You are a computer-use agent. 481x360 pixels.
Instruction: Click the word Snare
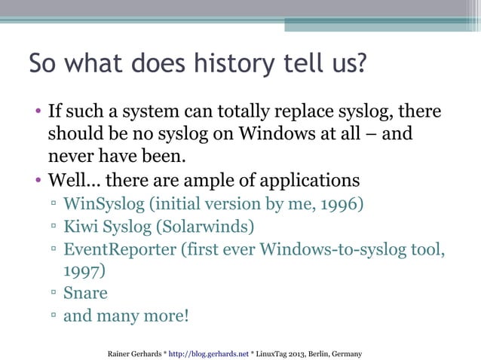(85, 293)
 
